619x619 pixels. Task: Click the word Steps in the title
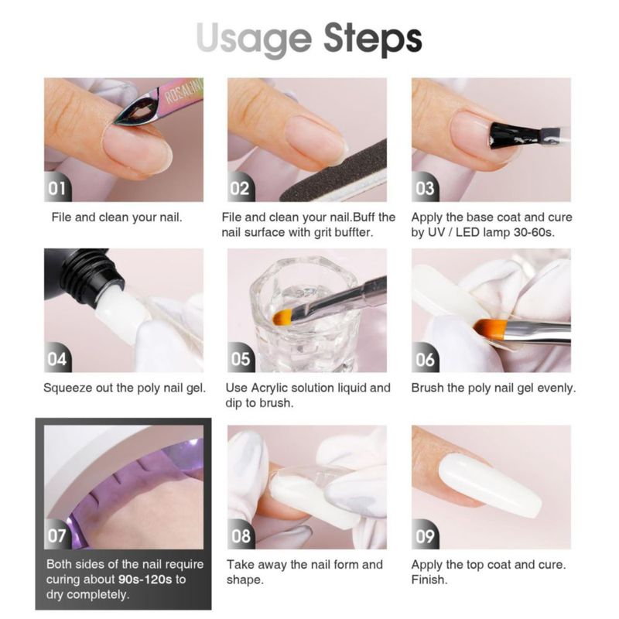[373, 39]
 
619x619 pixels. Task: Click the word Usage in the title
[255, 39]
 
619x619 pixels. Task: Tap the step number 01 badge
[56, 188]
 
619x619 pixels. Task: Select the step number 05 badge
[241, 359]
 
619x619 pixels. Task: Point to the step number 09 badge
[425, 535]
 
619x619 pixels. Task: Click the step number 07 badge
[56, 535]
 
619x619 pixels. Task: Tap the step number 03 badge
[425, 188]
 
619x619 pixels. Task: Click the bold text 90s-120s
[145, 580]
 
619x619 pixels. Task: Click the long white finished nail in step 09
[491, 486]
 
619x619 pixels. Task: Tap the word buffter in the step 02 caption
[354, 232]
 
